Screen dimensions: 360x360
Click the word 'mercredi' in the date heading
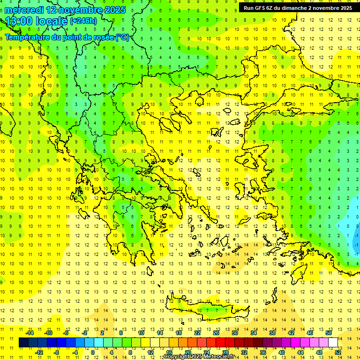point(23,10)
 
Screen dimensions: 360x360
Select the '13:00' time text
point(20,21)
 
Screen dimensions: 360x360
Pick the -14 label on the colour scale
point(30,333)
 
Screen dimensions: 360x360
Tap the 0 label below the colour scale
point(93,352)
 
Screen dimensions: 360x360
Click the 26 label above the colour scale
point(216,333)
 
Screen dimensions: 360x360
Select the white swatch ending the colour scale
point(333,343)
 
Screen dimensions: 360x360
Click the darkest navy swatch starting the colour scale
point(23,343)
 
